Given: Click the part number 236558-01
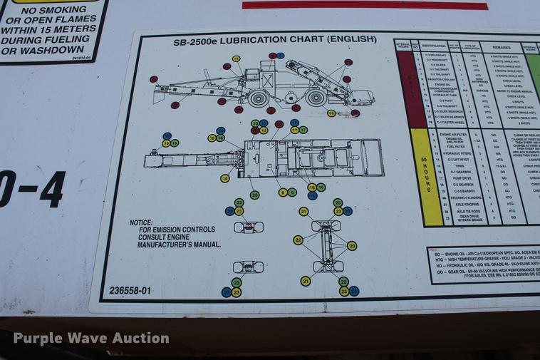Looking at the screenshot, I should (130, 290).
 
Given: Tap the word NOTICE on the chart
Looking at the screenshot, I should (141, 223).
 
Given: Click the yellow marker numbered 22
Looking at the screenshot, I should (298, 240).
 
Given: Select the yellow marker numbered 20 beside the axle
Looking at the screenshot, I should (351, 245).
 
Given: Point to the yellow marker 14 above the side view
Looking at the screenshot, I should (236, 58).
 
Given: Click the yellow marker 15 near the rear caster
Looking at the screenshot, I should (331, 113).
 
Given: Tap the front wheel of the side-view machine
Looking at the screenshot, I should (259, 97).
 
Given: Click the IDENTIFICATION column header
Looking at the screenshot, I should (433, 45).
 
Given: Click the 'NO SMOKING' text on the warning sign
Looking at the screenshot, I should (53, 11).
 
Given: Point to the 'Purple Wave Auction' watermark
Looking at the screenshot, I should (91, 338).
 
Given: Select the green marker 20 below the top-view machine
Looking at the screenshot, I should (254, 195).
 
